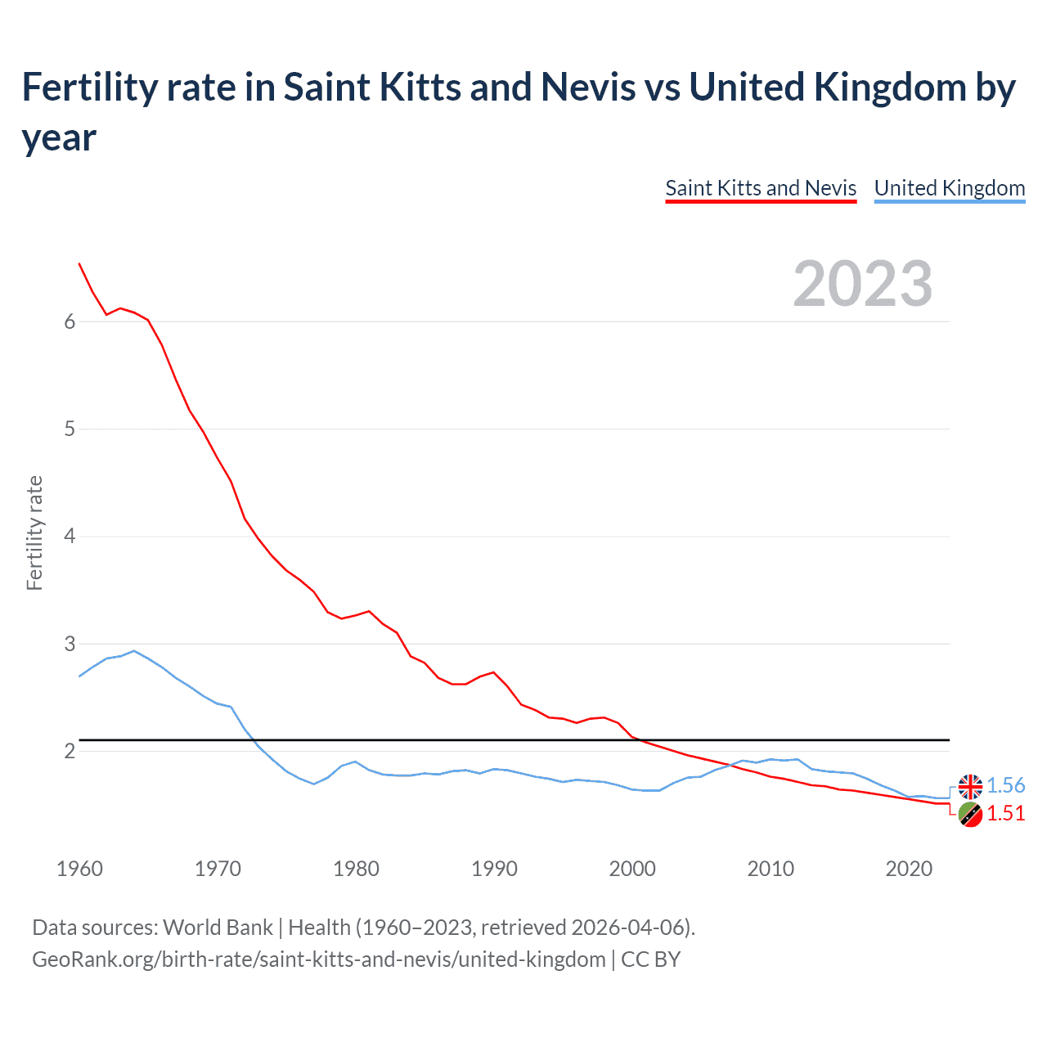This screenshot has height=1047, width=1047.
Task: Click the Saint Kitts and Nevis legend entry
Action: point(761,188)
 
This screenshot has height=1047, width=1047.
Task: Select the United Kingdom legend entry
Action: point(949,188)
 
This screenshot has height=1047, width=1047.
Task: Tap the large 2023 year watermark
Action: point(863,283)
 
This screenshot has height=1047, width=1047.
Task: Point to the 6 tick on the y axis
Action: point(70,321)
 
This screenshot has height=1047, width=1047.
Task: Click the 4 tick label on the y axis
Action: point(70,537)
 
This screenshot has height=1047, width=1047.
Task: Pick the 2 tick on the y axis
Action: point(70,751)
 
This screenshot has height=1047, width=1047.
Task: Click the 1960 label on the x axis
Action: point(79,869)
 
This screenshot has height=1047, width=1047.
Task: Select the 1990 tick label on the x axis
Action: point(494,869)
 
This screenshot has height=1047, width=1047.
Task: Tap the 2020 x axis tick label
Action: point(909,869)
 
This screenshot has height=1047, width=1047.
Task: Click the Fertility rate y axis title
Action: point(34,532)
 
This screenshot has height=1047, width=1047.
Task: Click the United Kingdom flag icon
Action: point(970,786)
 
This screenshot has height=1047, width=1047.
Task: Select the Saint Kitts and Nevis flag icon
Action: point(970,814)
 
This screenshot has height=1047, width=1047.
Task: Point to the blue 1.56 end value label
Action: point(1005,785)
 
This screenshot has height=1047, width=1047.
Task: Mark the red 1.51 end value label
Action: point(1005,813)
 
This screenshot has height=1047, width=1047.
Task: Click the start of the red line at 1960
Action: point(79,263)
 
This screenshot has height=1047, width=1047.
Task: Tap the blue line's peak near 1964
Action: point(134,651)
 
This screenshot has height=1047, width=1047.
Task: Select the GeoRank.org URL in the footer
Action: point(319,959)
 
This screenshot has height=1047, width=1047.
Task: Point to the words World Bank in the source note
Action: point(218,928)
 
